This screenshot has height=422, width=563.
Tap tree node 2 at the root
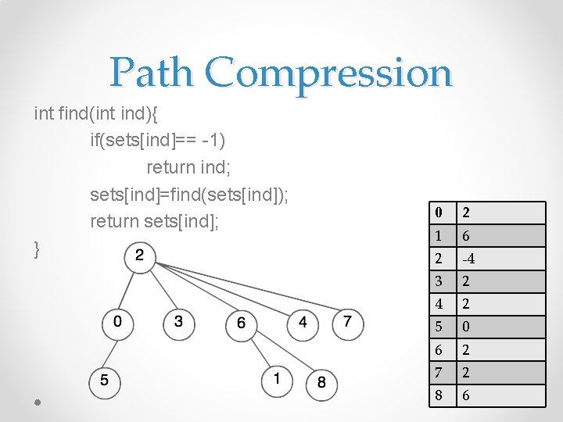(140, 256)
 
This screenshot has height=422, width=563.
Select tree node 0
(118, 322)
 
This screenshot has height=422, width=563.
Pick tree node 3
(178, 322)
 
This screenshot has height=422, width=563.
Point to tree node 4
(303, 323)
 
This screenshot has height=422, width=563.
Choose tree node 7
(348, 323)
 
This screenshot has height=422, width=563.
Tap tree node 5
(105, 381)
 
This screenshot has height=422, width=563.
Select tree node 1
(277, 380)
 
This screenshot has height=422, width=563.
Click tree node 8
(322, 383)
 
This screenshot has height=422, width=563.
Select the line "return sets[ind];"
(155, 222)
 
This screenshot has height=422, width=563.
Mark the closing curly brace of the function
(38, 249)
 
